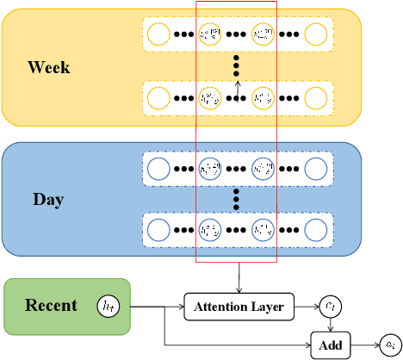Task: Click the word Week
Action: (48, 67)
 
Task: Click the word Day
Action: (48, 200)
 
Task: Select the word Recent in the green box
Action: (51, 305)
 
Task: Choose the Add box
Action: (332, 344)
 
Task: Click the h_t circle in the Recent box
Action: (108, 305)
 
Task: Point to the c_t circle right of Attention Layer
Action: (331, 304)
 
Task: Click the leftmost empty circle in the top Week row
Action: (158, 34)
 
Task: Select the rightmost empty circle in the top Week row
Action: (317, 34)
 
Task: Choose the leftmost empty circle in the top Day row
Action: (158, 168)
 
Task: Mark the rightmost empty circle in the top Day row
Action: (317, 168)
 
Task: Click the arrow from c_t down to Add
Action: (332, 325)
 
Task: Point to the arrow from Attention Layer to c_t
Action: (307, 305)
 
